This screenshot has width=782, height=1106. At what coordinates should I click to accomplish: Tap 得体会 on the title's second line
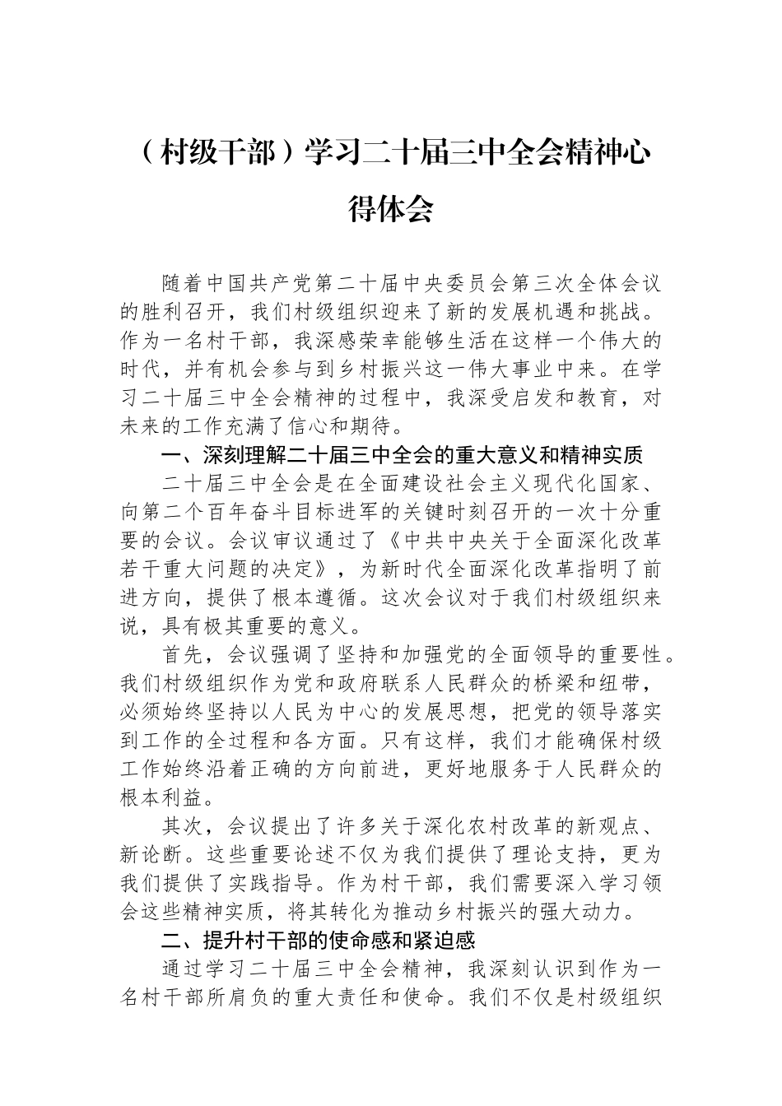[390, 209]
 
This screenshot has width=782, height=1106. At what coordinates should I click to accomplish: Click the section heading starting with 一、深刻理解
[401, 454]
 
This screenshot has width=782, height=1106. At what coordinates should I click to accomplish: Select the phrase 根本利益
[161, 798]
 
